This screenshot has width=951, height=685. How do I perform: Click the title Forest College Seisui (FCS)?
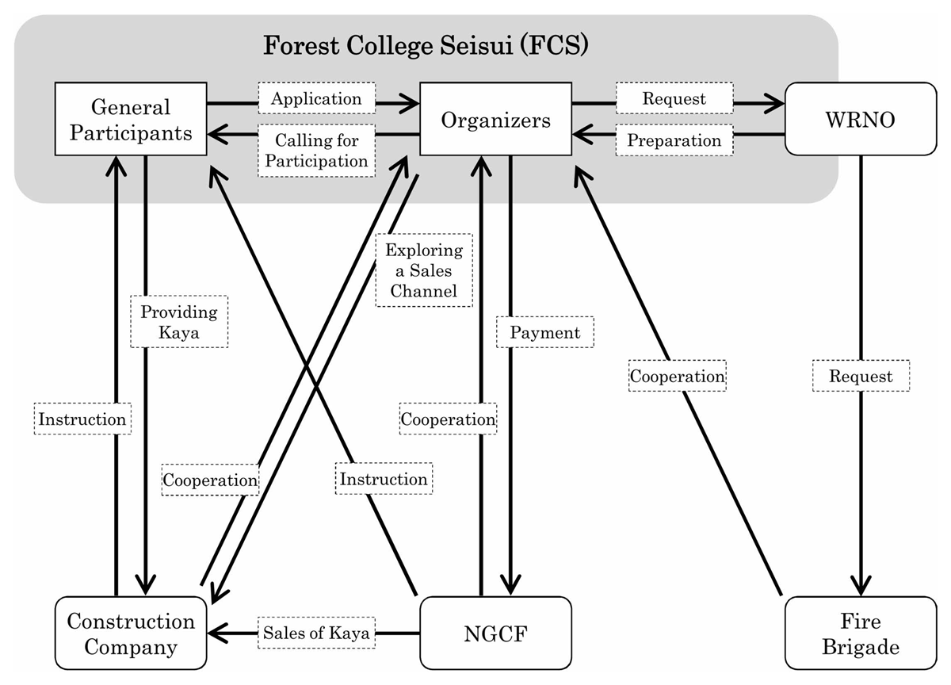tap(426, 45)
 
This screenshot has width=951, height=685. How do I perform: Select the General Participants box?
tap(131, 119)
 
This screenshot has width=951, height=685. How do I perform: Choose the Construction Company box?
tap(131, 634)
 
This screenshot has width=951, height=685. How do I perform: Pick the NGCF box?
tap(495, 634)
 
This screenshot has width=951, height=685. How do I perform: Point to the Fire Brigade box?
tap(861, 634)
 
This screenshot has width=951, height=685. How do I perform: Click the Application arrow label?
tap(316, 99)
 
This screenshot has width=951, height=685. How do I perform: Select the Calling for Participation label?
tap(317, 151)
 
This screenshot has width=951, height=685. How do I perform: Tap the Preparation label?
tap(674, 140)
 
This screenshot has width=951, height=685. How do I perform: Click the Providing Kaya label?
tap(178, 322)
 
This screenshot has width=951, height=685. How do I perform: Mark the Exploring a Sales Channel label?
tap(424, 270)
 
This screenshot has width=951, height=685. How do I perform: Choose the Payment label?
tap(545, 332)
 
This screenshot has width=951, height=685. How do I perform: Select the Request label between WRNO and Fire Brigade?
tap(861, 376)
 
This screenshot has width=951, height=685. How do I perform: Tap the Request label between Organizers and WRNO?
tap(674, 99)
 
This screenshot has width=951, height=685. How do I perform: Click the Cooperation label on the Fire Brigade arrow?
tap(678, 376)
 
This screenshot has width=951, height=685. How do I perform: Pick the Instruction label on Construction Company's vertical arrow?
tap(83, 419)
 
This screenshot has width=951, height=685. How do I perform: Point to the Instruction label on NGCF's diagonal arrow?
tap(384, 479)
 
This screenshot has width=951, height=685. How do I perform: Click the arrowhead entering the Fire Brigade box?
tap(861, 587)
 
